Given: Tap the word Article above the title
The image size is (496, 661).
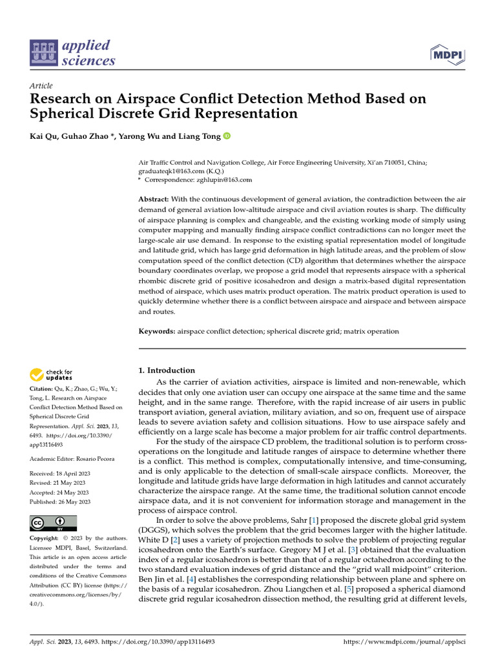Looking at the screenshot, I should tap(41, 86).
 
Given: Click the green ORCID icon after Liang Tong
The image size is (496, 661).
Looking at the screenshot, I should tap(227, 136).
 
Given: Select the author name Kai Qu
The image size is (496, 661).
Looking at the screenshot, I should tap(43, 136).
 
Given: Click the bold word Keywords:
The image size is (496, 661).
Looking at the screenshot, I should tap(157, 331).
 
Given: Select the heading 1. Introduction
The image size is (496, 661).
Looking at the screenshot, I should tap(167, 371).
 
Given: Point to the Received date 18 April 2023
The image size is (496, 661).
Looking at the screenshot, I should tap(72, 474).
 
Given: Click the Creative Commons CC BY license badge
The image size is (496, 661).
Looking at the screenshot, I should tap(54, 522).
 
